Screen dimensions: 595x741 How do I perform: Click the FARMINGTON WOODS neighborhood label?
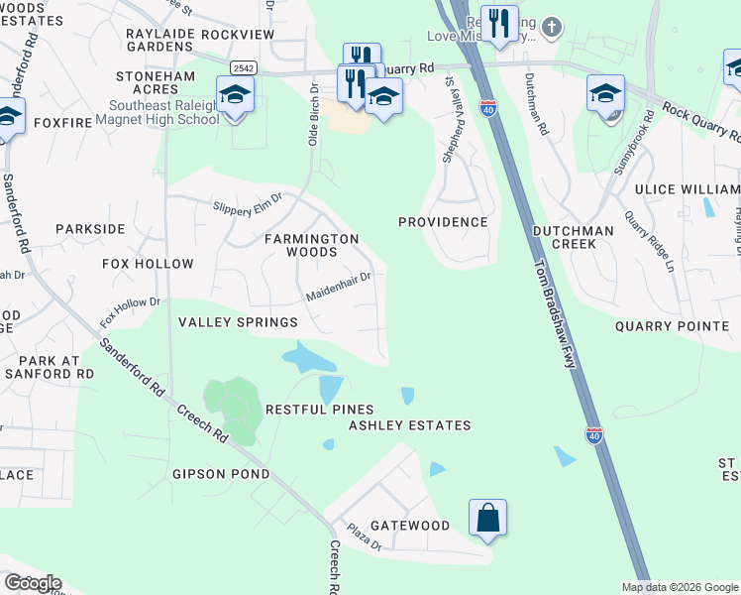click(x=311, y=246)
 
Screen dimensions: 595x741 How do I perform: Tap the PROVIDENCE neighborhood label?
click(x=443, y=222)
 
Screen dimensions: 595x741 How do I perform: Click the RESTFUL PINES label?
click(x=319, y=410)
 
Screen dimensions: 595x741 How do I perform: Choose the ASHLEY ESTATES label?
click(x=409, y=425)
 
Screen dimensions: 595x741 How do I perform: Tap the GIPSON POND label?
click(x=219, y=474)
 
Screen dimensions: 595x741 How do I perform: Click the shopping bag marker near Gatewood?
click(x=487, y=518)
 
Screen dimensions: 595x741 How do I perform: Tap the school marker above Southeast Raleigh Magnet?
click(x=235, y=95)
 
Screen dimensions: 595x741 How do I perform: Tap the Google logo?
click(x=32, y=583)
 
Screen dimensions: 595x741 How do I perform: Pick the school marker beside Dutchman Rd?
click(x=605, y=94)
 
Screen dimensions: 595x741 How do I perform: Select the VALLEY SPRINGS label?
click(x=238, y=322)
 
